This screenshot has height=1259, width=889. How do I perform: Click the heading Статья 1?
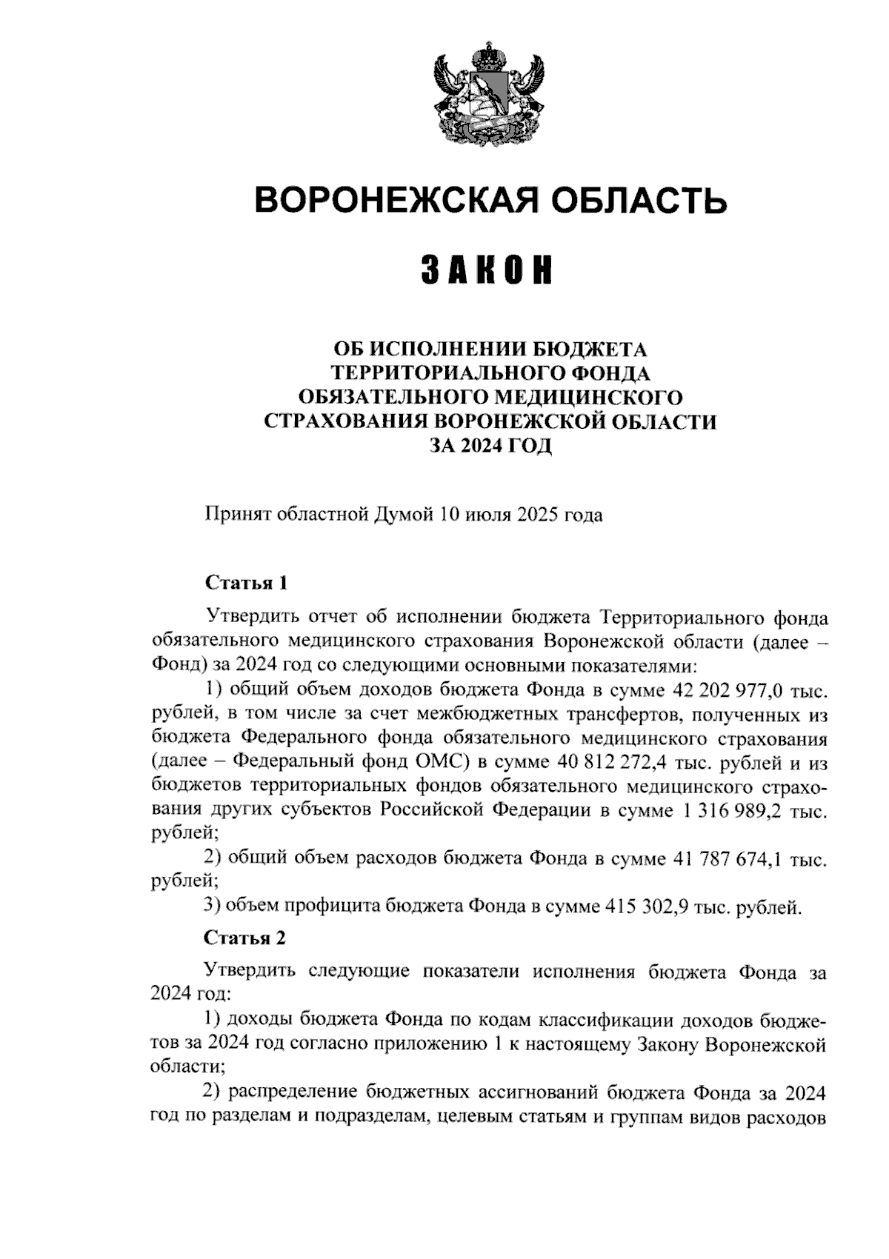(244, 582)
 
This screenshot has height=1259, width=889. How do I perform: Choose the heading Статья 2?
(244, 938)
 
